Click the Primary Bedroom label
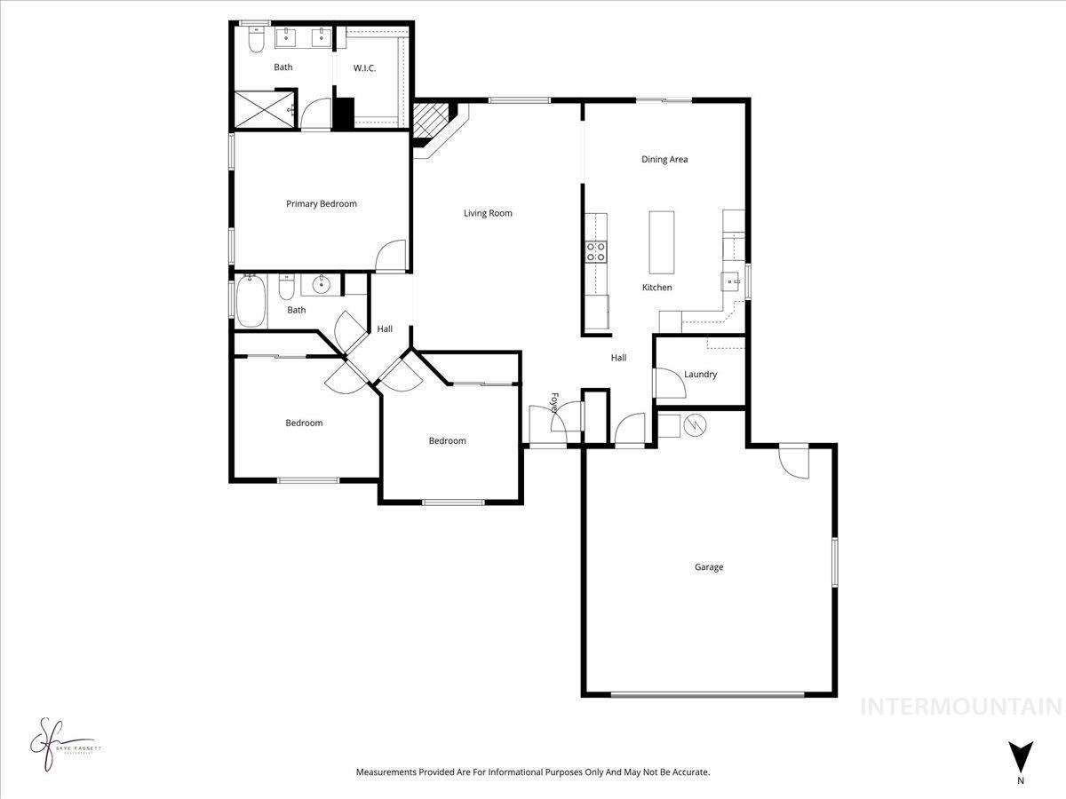point(321,203)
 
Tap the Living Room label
point(488,213)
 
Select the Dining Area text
point(664,160)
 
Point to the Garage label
point(708,566)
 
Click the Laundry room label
point(700,374)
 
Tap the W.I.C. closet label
point(365,67)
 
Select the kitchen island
point(662,241)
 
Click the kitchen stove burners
point(595,252)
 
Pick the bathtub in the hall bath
point(250,301)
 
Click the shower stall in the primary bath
point(264,109)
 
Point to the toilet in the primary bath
point(256,39)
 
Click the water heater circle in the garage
point(694,425)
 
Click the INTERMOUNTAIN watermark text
point(962,707)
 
